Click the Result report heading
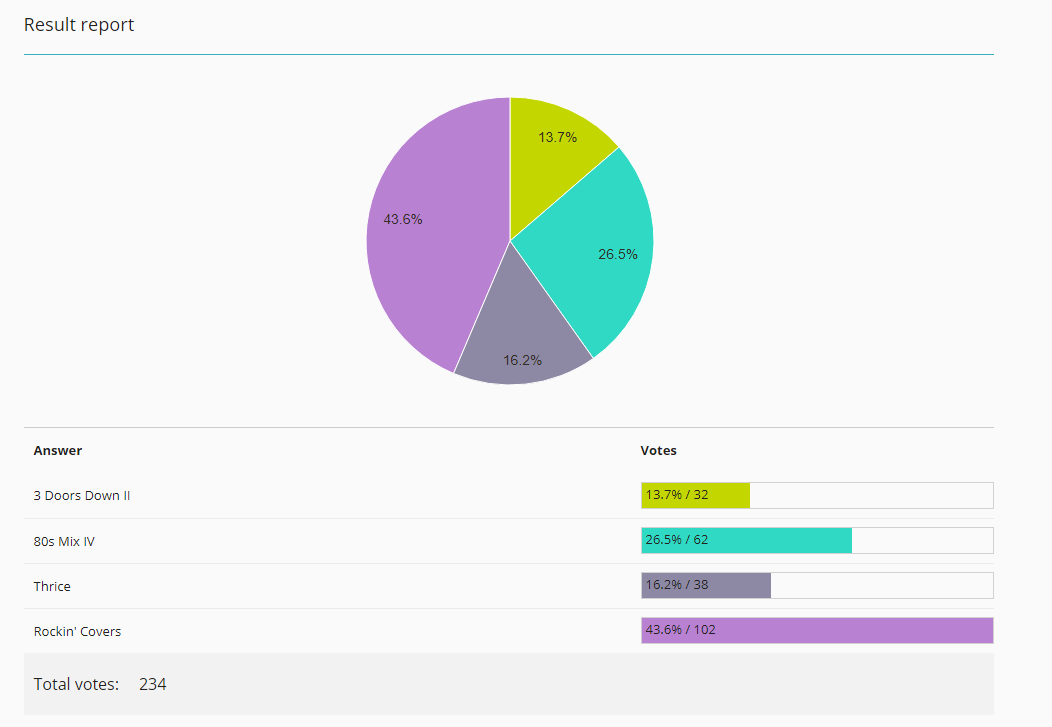(79, 25)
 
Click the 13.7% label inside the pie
(558, 137)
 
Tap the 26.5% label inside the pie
(618, 254)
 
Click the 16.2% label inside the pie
(523, 360)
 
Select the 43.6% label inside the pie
(403, 219)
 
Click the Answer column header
(58, 451)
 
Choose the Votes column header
(658, 451)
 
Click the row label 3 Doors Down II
(82, 496)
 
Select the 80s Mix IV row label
(64, 541)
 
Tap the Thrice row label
(52, 586)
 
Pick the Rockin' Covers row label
(77, 631)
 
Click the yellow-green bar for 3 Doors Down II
(696, 496)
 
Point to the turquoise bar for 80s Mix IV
(747, 541)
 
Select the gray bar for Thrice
(706, 585)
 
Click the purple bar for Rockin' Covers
(817, 630)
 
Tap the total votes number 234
(153, 684)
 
